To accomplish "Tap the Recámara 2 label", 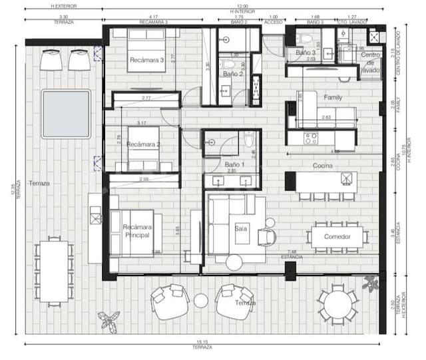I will click(x=144, y=144).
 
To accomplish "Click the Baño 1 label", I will click(x=234, y=164).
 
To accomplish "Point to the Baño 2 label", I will click(x=232, y=74).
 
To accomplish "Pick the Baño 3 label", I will click(x=306, y=52).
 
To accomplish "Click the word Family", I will click(x=333, y=97).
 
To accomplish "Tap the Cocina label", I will click(x=323, y=166).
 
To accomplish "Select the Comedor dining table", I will click(x=337, y=237).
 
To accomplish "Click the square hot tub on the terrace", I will click(x=66, y=113).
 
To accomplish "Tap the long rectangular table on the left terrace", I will click(x=53, y=270).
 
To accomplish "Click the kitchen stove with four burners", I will click(x=312, y=138).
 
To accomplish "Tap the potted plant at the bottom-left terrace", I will click(x=107, y=321).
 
